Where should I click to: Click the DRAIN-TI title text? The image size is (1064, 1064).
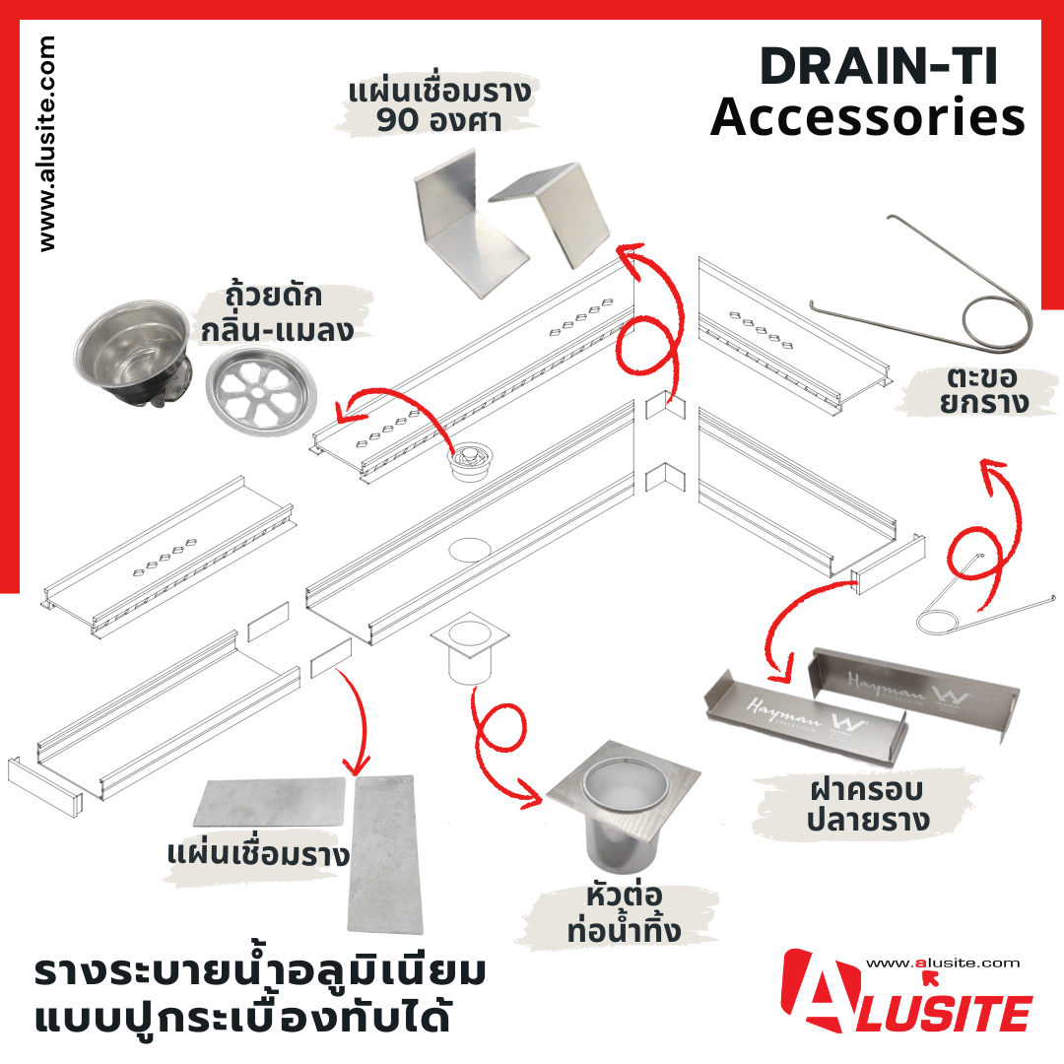tap(880, 67)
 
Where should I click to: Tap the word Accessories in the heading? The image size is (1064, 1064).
tap(868, 116)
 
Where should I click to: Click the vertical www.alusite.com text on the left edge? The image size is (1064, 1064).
tap(47, 144)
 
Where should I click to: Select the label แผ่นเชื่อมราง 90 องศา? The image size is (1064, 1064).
tap(439, 105)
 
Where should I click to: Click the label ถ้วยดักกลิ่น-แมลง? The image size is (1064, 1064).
tap(277, 313)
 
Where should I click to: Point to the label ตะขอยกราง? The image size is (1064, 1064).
tap(983, 390)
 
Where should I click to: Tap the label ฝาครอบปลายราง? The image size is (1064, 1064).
tap(868, 805)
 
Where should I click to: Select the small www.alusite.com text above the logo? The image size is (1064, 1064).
tap(943, 963)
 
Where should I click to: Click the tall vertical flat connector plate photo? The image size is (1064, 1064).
tap(385, 854)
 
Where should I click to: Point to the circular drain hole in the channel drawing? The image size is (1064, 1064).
tap(469, 550)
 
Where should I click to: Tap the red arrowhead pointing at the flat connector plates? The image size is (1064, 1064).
tap(356, 765)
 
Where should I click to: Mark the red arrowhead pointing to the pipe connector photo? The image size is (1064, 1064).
tap(532, 796)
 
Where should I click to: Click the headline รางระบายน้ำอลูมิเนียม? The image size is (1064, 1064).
tap(260, 971)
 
